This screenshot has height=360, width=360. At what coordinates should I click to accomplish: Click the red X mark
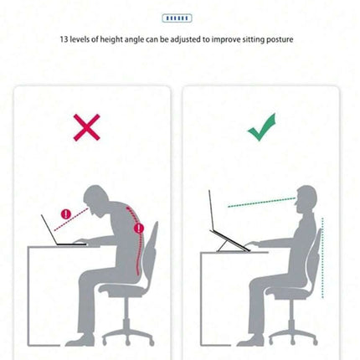coord(87,127)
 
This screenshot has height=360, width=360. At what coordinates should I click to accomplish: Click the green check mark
coord(262,127)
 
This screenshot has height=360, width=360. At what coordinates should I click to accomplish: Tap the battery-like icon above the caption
coord(177,18)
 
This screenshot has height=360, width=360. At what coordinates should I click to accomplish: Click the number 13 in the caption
coord(64,39)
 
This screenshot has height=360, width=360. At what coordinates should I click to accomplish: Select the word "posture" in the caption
coord(280,39)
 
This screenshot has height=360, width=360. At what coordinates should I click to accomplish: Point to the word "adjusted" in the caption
coord(186,39)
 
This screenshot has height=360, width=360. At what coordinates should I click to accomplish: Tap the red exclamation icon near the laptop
coord(66,214)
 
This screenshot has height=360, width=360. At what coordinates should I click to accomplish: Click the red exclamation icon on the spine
coord(139,229)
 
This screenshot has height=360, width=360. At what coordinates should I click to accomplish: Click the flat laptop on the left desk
coord(64,231)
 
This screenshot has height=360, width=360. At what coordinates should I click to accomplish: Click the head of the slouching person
coord(96,199)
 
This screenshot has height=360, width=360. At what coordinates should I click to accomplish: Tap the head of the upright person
coord(306,198)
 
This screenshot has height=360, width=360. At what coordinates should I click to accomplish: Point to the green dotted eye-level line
coord(262,203)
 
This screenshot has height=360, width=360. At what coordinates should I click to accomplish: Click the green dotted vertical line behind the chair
coord(322,258)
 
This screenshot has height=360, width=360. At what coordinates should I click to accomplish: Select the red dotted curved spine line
coord(136,240)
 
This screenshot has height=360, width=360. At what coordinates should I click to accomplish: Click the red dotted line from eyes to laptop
coord(71,219)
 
